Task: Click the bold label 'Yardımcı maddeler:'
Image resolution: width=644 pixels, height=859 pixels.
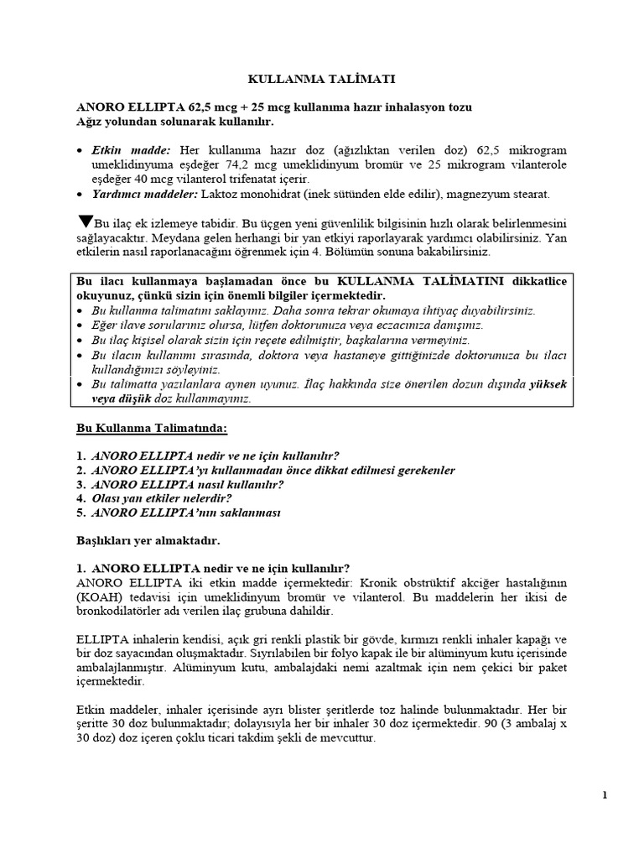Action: click(144, 195)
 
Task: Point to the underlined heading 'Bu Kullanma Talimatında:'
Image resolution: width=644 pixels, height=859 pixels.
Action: click(152, 428)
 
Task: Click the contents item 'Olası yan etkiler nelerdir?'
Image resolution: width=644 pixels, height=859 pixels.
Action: click(162, 497)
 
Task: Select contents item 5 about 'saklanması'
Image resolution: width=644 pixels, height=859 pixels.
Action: click(185, 513)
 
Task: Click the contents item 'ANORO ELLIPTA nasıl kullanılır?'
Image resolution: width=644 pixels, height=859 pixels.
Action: click(187, 484)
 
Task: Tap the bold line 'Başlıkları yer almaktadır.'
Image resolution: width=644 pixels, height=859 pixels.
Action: click(148, 541)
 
